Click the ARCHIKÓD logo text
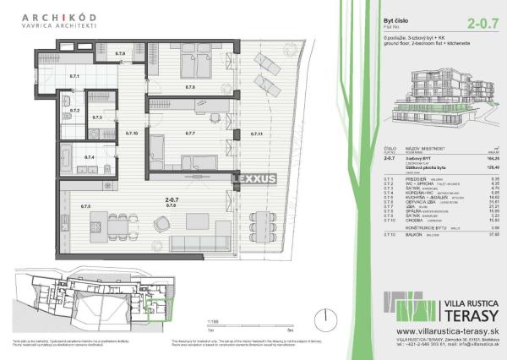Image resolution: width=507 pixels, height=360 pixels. click(63, 17)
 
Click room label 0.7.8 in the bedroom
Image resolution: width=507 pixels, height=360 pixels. click(190, 86)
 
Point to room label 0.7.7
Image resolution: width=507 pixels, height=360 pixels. click(190, 134)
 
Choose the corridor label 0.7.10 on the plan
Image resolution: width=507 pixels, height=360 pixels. click(131, 134)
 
